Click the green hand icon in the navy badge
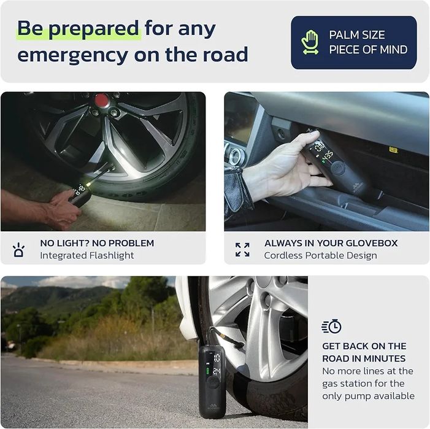click(x=310, y=42)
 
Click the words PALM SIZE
click(x=357, y=35)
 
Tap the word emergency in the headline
click(x=72, y=55)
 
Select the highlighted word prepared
click(x=94, y=29)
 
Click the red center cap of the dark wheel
click(x=102, y=100)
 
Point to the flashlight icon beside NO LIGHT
click(x=18, y=250)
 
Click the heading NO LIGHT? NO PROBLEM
click(x=97, y=243)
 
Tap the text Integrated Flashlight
click(x=87, y=255)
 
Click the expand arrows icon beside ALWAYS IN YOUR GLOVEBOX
click(x=242, y=250)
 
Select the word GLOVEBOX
click(x=372, y=243)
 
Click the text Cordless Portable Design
click(x=321, y=255)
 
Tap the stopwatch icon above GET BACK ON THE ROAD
click(x=331, y=326)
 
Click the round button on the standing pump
click(x=212, y=382)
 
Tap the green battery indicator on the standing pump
click(x=207, y=372)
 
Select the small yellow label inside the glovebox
click(x=393, y=150)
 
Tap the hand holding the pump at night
click(x=63, y=209)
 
